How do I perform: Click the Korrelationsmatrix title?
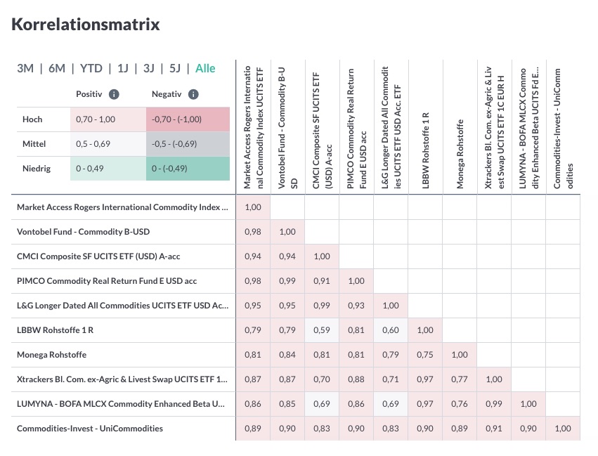point(86,25)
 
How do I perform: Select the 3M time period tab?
point(25,68)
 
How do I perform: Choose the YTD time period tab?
point(91,68)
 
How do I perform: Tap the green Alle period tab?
point(205,68)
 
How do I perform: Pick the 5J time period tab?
point(175,68)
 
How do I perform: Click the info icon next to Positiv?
point(114,94)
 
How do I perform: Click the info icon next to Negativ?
point(193,94)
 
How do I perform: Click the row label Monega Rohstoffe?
point(52,355)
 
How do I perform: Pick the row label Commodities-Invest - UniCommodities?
point(90,429)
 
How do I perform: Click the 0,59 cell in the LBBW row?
point(322,330)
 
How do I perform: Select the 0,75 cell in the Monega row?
point(425,355)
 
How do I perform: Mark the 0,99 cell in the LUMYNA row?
point(494,404)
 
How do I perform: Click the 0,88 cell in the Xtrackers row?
point(356,379)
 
